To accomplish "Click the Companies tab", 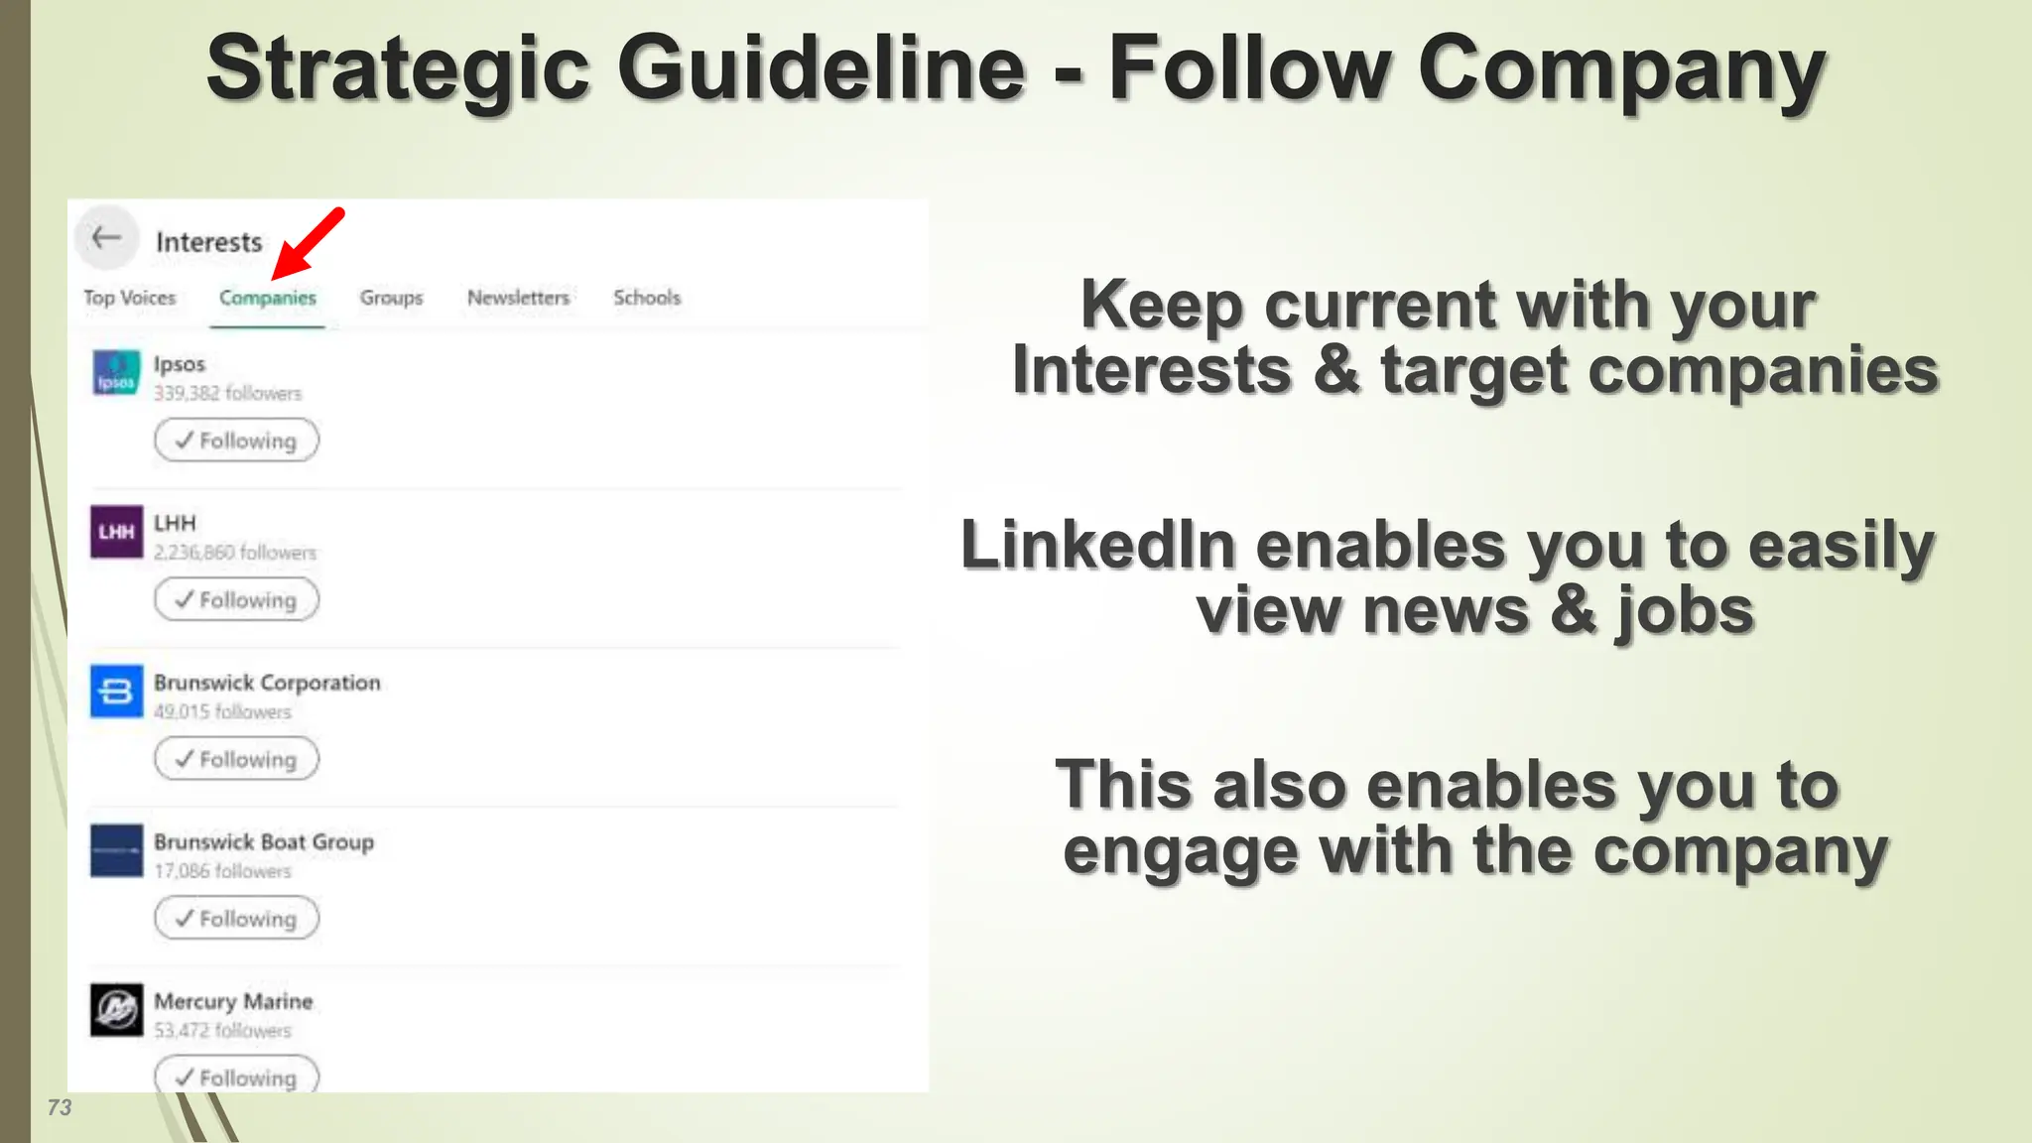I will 267,298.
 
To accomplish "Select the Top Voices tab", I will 129,298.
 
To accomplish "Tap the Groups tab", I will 391,298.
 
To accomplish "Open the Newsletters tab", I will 518,298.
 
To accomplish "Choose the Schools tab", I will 647,298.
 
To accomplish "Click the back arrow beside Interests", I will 106,238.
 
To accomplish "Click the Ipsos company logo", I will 116,373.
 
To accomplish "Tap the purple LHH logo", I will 116,532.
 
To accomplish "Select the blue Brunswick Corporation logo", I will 116,691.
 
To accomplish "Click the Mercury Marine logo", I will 116,1010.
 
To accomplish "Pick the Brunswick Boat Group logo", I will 116,850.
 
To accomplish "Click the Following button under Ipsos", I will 236,441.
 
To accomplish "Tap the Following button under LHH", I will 236,600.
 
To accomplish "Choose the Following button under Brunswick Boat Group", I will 236,919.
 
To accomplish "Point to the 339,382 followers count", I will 227,394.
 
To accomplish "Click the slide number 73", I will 60,1107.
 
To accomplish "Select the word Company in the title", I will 1621,69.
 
